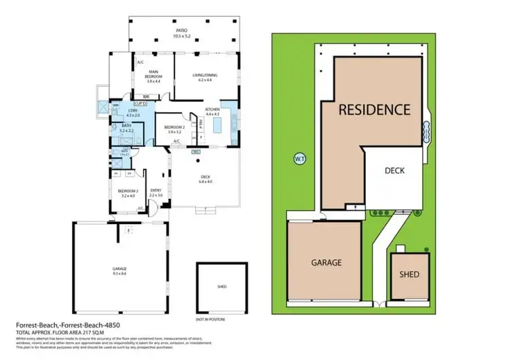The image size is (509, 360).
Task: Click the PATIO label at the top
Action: pos(181,31)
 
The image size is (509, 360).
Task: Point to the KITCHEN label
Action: pos(212,109)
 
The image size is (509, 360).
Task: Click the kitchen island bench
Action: pos(218,126)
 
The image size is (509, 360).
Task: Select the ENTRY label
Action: pos(155,191)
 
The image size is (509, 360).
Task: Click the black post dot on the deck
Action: pos(197,162)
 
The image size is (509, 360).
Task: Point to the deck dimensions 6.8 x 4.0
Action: pos(205,181)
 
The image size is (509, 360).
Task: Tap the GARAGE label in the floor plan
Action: pos(119,268)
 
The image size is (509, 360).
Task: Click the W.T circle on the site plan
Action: pos(299,159)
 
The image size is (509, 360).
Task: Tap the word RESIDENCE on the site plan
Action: pos(375,109)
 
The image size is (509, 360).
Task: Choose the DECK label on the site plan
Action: pos(394,170)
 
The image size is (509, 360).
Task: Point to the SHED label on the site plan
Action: pos(409,274)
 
